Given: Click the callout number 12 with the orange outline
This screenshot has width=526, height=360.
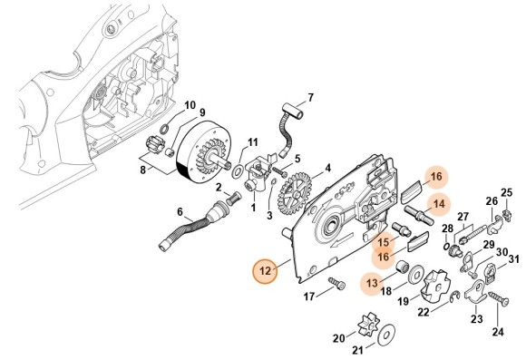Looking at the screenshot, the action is [x=265, y=271].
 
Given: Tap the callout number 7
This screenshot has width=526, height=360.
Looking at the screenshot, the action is [x=311, y=98].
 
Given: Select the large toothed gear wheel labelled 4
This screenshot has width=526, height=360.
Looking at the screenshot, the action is [x=294, y=193].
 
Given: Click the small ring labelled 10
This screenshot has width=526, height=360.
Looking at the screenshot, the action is [x=165, y=128].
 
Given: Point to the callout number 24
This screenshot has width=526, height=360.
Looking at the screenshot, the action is [x=498, y=332].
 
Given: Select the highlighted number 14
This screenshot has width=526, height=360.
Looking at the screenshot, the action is [x=438, y=204].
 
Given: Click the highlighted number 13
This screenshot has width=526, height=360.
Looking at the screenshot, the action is [x=372, y=283].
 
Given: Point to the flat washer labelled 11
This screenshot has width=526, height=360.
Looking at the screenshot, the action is [x=239, y=171].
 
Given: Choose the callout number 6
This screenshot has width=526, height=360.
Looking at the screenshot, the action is [x=180, y=212].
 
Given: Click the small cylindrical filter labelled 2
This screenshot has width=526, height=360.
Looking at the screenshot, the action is [x=230, y=199].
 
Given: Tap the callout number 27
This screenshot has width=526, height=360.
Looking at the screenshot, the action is [x=463, y=217].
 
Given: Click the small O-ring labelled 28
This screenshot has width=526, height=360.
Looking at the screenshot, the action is [x=446, y=247].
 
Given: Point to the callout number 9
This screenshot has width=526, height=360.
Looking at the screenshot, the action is [x=202, y=112].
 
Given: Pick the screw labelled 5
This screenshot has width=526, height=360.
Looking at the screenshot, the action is [x=279, y=172].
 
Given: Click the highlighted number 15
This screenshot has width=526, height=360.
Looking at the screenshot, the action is [x=384, y=242].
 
